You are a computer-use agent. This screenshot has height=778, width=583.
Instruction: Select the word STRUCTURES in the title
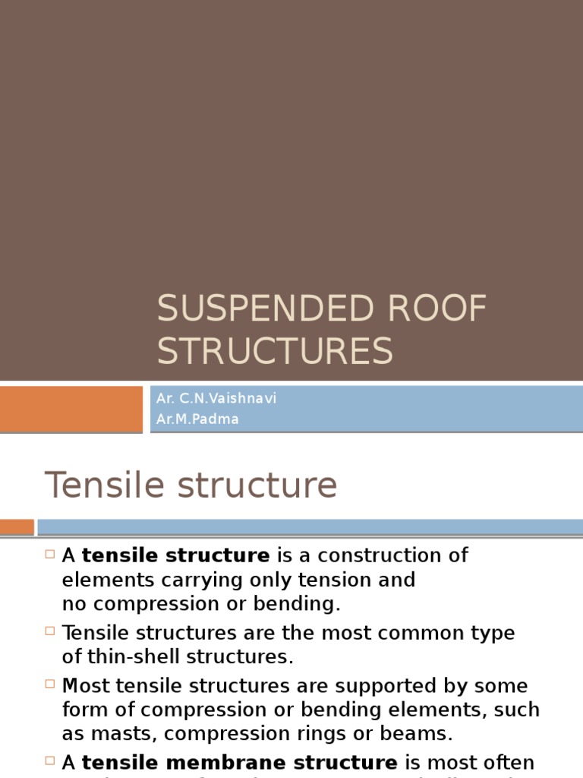275,351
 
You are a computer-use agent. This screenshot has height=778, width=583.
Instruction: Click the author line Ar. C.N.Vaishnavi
216,399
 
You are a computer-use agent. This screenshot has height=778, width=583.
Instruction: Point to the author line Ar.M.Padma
197,419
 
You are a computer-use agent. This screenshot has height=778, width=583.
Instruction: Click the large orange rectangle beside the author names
71,409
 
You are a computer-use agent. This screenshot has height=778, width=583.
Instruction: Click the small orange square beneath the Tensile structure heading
17,527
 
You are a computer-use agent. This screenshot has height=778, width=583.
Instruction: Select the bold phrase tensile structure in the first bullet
175,555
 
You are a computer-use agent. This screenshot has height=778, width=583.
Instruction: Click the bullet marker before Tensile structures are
50,631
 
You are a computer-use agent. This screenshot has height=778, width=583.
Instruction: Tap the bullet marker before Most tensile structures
50,685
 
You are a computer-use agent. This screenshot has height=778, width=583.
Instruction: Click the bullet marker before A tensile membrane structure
50,761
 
